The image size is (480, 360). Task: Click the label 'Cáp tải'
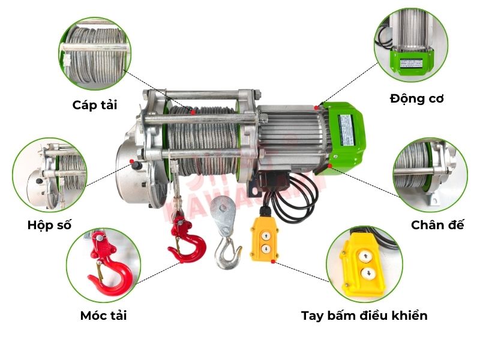click(95, 105)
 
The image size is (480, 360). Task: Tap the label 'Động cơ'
click(416, 98)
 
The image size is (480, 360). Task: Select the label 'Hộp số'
click(49, 225)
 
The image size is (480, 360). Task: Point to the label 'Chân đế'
click(437, 224)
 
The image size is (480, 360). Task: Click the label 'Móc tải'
click(103, 316)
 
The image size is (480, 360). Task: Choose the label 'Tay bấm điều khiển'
click(364, 316)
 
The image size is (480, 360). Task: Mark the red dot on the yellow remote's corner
click(273, 262)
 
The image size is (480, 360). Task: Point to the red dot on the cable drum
click(193, 112)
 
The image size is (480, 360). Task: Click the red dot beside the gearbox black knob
click(131, 161)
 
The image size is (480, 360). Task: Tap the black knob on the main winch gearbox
click(137, 166)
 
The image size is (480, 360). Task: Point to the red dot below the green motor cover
click(329, 166)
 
